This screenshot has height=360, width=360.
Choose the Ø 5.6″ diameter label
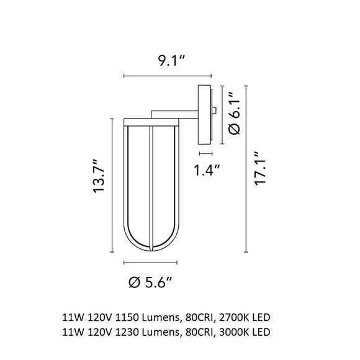coord(150,283)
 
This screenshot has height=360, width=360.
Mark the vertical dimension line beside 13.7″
coord(112,186)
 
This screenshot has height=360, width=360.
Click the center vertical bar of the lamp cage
coord(150,186)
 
